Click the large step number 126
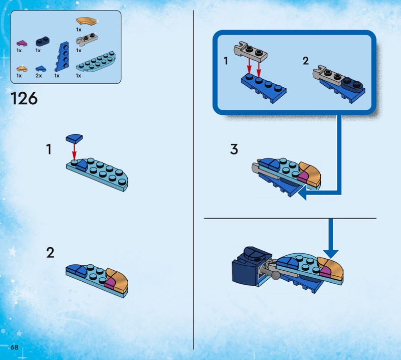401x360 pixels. pos(24,98)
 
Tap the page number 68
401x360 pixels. pos(15,347)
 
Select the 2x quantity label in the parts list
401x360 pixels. pos(39,76)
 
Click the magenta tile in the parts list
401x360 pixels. pos(22,43)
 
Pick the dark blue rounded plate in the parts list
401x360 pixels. pos(43,41)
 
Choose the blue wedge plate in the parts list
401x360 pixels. pos(62,57)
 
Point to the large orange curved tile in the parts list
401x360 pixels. pos(87,21)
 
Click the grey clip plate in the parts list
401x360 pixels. pos(87,40)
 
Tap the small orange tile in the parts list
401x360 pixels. pos(22,69)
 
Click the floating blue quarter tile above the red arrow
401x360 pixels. pos(74,138)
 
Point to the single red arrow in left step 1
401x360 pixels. pos(74,151)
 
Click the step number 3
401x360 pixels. pos(234,149)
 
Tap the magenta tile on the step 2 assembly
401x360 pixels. pos(110,283)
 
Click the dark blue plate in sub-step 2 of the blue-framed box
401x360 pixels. pos(353,84)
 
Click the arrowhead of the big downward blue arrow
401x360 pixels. pos(331,254)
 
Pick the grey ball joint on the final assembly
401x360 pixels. pos(276,275)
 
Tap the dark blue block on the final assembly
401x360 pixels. pos(252,267)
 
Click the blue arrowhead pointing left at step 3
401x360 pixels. pos(302,193)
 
